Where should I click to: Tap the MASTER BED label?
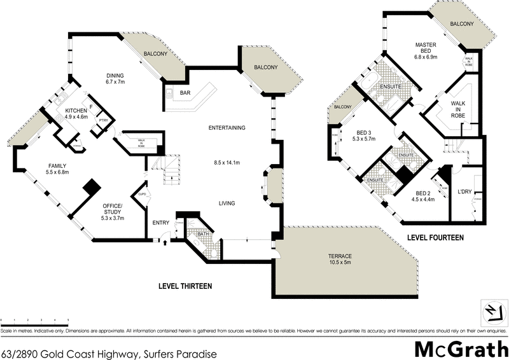click(424, 45)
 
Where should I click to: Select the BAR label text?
click(185, 93)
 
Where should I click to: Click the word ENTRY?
click(160, 222)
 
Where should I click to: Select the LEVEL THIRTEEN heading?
click(185, 286)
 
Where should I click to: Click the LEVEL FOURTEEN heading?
click(435, 237)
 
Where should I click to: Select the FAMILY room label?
click(57, 166)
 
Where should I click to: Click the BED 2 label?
click(424, 193)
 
